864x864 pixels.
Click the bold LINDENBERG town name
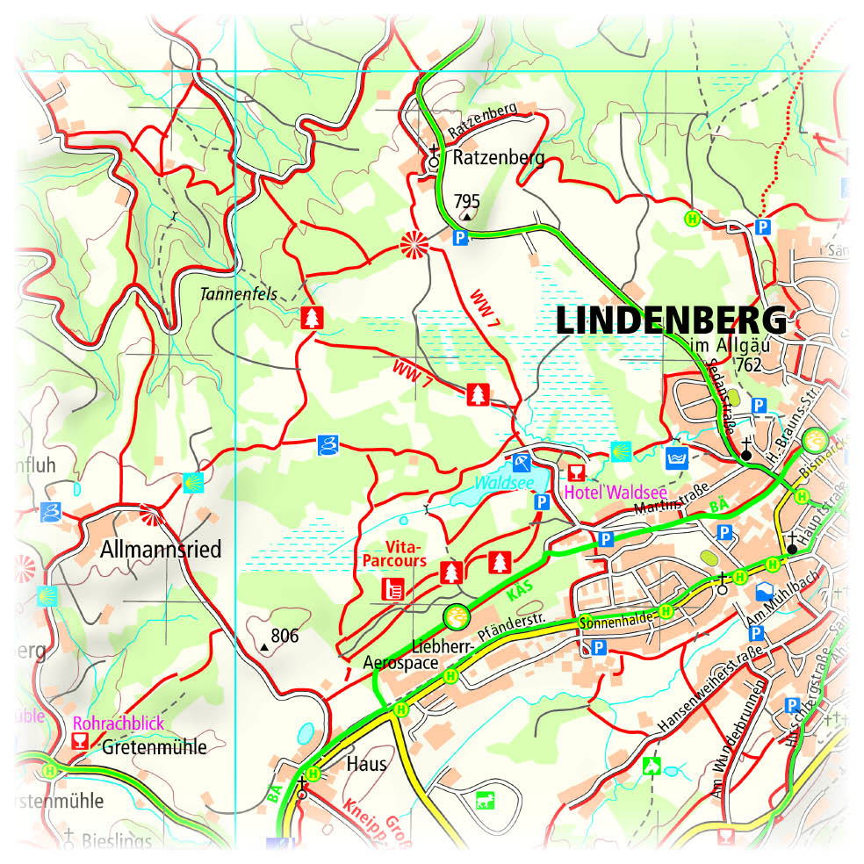[672, 320]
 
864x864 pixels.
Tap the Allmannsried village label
[161, 551]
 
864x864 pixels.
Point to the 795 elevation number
[466, 200]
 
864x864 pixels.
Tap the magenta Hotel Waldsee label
[615, 492]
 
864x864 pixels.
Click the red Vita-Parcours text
[393, 553]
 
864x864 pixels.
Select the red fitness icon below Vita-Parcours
[392, 588]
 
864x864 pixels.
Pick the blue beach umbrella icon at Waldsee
[522, 463]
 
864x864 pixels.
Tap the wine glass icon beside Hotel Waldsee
[577, 472]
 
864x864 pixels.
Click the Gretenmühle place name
[154, 747]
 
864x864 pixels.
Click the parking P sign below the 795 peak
[459, 236]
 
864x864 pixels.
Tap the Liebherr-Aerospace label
[420, 654]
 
